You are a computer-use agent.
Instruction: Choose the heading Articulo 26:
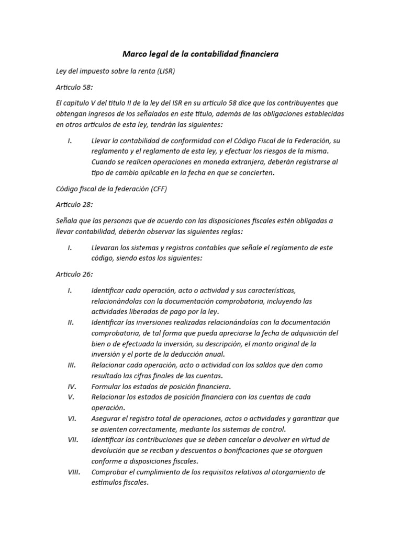click(74, 274)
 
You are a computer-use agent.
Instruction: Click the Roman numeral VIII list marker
click(73, 472)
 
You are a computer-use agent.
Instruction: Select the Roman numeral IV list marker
click(72, 387)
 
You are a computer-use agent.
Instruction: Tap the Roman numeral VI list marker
click(72, 418)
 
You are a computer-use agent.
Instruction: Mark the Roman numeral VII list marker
click(73, 440)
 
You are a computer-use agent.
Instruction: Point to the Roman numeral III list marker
click(72, 365)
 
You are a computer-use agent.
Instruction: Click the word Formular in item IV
click(107, 387)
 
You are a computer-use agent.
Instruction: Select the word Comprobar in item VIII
click(110, 472)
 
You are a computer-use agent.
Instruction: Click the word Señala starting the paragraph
click(68, 220)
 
